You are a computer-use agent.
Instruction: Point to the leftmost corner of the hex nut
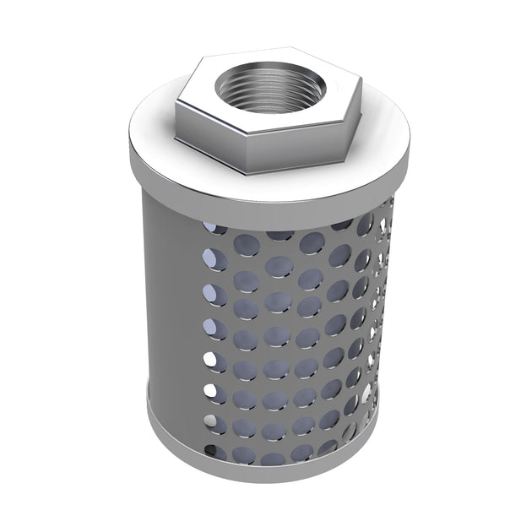pos(177,105)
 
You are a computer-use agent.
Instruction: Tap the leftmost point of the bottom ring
pos(147,414)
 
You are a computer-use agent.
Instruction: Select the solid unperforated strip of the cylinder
pos(169,321)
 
